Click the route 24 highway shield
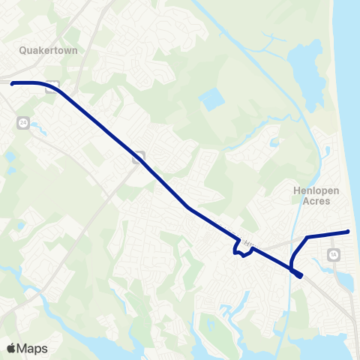(24, 122)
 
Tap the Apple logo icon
(11, 348)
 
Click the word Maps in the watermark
(33, 348)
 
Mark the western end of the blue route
(13, 83)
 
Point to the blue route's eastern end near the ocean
(349, 232)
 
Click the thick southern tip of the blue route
(299, 275)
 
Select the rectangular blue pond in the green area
(211, 99)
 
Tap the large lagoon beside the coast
(306, 67)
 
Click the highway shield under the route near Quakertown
(51, 86)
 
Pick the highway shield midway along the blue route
(139, 157)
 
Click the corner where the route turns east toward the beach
(307, 238)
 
